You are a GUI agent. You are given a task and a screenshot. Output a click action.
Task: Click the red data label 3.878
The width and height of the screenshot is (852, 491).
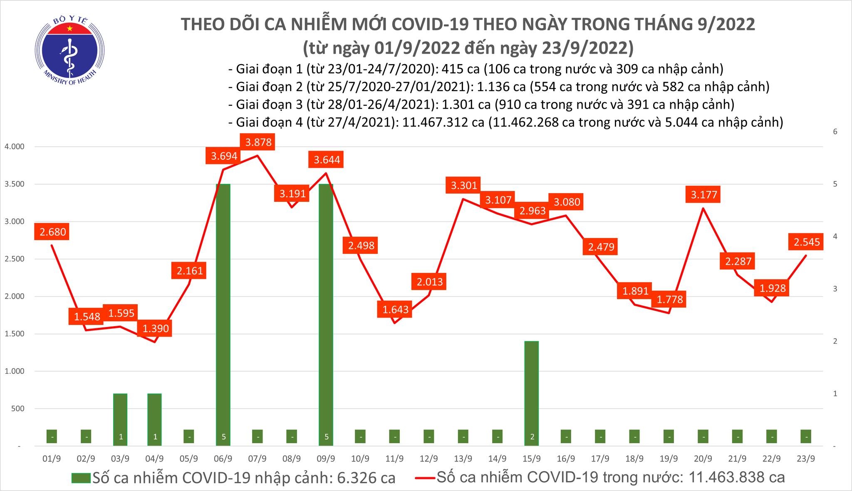(x=258, y=142)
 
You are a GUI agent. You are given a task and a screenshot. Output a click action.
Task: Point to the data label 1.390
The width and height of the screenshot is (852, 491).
(x=156, y=329)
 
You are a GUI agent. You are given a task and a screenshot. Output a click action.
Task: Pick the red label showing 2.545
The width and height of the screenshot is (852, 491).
(x=806, y=242)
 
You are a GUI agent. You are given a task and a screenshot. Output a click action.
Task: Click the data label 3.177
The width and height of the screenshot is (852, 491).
(x=704, y=195)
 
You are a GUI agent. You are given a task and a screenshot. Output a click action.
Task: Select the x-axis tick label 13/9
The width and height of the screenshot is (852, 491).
(x=463, y=459)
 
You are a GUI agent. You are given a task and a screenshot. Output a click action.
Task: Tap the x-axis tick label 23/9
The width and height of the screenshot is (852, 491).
(x=806, y=459)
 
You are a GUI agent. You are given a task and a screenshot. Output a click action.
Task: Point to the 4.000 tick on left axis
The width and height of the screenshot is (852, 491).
(x=15, y=147)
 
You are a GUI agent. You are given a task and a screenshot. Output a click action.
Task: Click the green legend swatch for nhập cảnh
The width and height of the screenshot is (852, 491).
(x=81, y=478)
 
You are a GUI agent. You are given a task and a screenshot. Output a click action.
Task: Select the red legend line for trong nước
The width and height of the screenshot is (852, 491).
(x=425, y=478)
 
